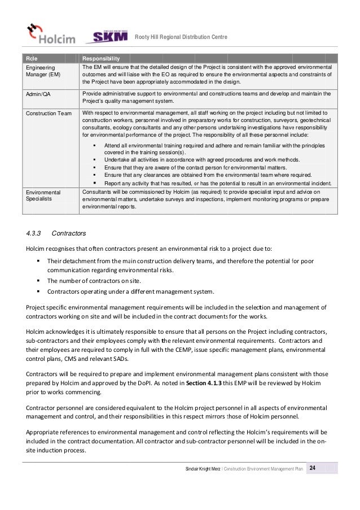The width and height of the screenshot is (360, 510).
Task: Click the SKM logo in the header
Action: (x=108, y=36)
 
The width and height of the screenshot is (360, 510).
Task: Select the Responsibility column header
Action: (x=101, y=58)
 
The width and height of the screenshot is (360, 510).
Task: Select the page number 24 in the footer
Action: (x=312, y=468)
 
